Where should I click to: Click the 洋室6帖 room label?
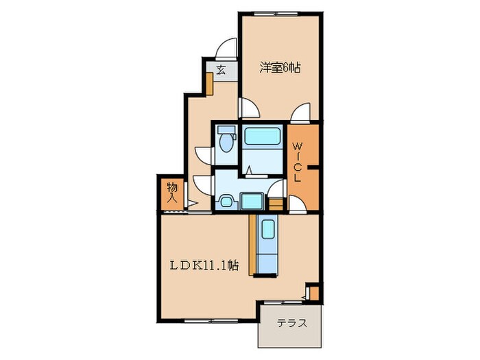coord(280,68)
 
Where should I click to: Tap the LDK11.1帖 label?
coord(204,265)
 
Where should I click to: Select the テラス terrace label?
coord(291,324)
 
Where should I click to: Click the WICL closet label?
coord(298,163)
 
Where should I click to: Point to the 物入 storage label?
coord(172,193)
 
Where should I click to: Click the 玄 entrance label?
coord(221,70)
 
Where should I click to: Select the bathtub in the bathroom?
coord(263,136)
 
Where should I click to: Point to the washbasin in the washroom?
coord(226,202)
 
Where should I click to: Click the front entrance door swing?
coord(226,49)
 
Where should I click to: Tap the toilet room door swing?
coord(204,155)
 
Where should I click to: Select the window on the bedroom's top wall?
coord(276,14)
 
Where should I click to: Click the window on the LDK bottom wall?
coord(211,321)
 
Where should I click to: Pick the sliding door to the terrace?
coord(283,302)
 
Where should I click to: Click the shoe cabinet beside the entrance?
coord(209,84)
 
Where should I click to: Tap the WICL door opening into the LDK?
coord(298,204)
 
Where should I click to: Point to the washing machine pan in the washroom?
coord(252,201)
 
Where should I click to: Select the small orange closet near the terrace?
coord(314,293)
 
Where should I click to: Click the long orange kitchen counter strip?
coord(252,245)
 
